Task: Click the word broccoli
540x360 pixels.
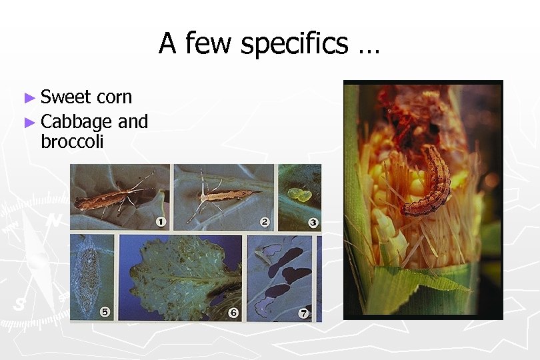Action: pos(72,141)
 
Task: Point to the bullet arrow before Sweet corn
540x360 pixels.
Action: pos(29,98)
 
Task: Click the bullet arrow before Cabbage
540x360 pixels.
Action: pos(29,122)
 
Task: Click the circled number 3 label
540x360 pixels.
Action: pos(313,223)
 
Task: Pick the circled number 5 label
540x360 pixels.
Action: pos(105,311)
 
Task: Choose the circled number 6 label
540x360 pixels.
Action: pos(233,312)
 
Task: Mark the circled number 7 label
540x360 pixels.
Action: pos(304,313)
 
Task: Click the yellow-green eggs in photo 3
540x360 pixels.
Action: pos(297,195)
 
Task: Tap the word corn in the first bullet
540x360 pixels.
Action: pos(115,97)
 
